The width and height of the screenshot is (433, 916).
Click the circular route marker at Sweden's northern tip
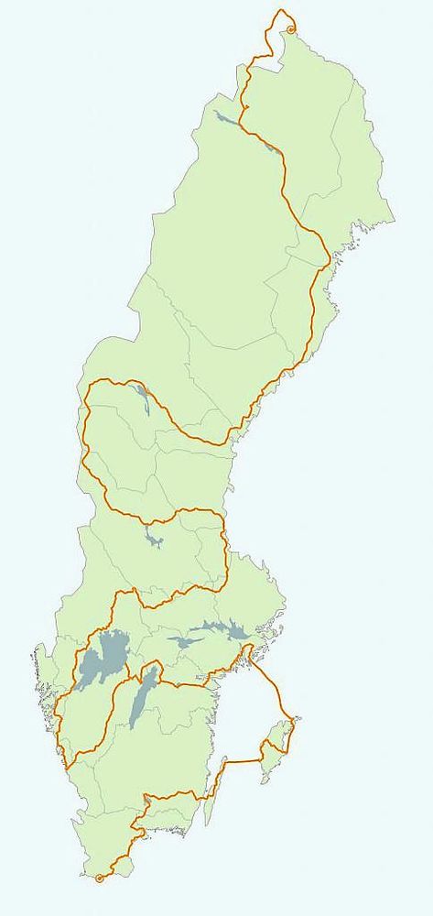pyautogui.click(x=291, y=30)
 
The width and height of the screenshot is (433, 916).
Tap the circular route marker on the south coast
pyautogui.click(x=99, y=878)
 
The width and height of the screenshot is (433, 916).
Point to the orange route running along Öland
pyautogui.click(x=216, y=779)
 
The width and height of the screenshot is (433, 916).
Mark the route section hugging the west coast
pyautogui.click(x=59, y=724)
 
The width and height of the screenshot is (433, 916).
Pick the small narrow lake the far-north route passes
pyautogui.click(x=268, y=145)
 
